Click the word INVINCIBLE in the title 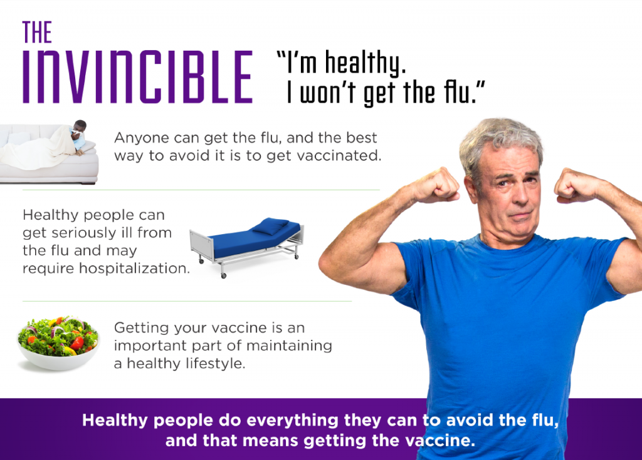click(137, 77)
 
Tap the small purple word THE click(37, 33)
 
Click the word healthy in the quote click(366, 64)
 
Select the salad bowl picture click(58, 342)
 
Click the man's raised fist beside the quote click(437, 185)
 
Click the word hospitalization click(134, 268)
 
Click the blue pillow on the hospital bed click(270, 225)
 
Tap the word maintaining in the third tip click(289, 345)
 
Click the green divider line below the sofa click(201, 190)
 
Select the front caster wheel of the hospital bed click(224, 276)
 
